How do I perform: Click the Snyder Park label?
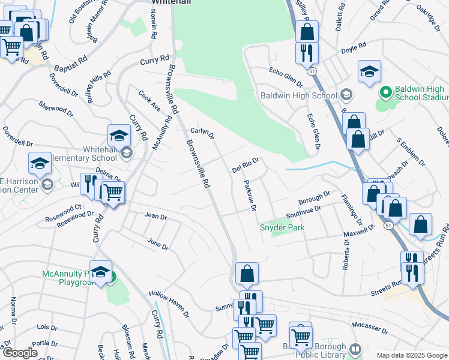pyautogui.click(x=282, y=227)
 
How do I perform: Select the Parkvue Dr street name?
pyautogui.click(x=250, y=196)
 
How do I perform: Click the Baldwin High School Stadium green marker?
pyautogui.click(x=386, y=93)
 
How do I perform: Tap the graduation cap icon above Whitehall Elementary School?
pyautogui.click(x=119, y=136)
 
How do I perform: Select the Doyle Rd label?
pyautogui.click(x=353, y=47)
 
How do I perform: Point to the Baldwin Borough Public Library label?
pyautogui.click(x=321, y=352)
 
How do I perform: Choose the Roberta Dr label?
pyautogui.click(x=345, y=255)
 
